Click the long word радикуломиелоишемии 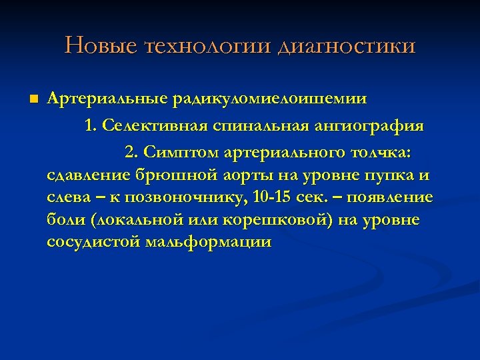pyautogui.click(x=269, y=99)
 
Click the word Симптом pyautogui.click(x=181, y=153)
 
